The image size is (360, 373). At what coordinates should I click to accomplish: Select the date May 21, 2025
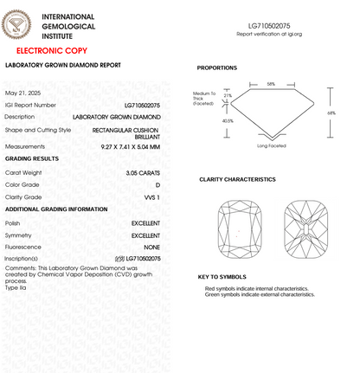coord(23,93)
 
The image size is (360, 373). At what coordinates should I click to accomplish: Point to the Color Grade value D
coord(157,185)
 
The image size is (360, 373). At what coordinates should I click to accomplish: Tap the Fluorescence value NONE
coord(151,247)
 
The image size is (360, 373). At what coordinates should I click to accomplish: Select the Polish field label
coord(14,223)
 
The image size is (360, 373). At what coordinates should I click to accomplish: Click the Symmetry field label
coord(19,235)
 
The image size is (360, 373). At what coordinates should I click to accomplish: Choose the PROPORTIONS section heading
coord(223,68)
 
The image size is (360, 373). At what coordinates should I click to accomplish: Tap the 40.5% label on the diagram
coord(228,121)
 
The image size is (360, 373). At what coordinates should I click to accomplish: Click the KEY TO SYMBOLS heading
coord(223,277)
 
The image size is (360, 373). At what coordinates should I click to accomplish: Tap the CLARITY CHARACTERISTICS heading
coord(237,179)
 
